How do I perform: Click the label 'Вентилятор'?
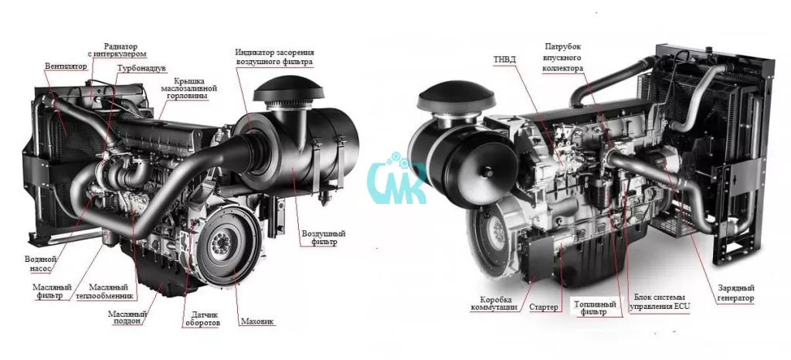tap(65, 66)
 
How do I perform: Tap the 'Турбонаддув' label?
tap(141, 68)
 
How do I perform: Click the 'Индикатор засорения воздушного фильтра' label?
tap(274, 57)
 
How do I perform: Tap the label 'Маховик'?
tap(257, 321)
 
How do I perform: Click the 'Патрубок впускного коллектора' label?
tap(563, 57)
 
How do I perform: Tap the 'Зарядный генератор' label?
tap(735, 293)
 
